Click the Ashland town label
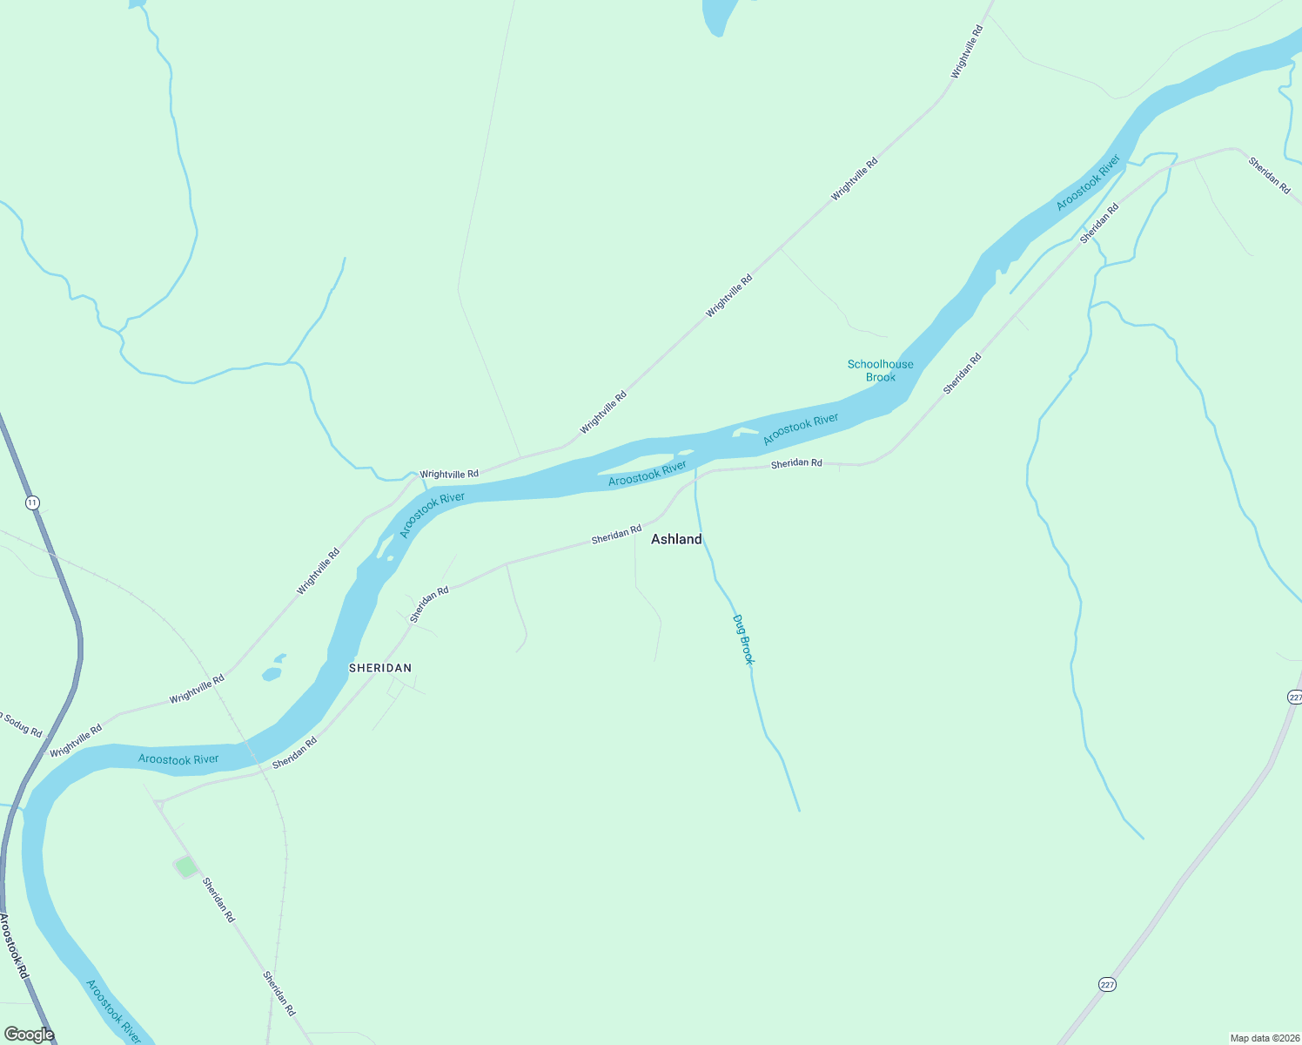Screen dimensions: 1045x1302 pyautogui.click(x=676, y=539)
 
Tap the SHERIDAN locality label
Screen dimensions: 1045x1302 pyautogui.click(x=380, y=668)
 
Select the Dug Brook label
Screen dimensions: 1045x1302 pyautogui.click(x=742, y=640)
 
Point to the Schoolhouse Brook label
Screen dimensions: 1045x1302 pyautogui.click(x=880, y=371)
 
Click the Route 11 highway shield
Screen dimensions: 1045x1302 pyautogui.click(x=32, y=503)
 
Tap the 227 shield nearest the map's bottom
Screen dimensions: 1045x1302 pyautogui.click(x=1106, y=984)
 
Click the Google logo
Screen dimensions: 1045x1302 pyautogui.click(x=29, y=1035)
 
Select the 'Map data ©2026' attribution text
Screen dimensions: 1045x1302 pyautogui.click(x=1264, y=1038)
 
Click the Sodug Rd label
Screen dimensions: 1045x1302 pyautogui.click(x=21, y=725)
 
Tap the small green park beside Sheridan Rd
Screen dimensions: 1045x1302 pyautogui.click(x=185, y=866)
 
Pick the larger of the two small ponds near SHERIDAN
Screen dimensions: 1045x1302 pyautogui.click(x=272, y=674)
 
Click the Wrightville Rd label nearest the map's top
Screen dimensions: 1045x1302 pyautogui.click(x=967, y=53)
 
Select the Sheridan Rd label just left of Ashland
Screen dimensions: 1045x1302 pyautogui.click(x=616, y=535)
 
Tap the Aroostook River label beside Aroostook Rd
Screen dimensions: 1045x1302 pyautogui.click(x=112, y=1011)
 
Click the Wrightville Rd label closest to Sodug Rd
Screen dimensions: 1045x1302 pyautogui.click(x=76, y=740)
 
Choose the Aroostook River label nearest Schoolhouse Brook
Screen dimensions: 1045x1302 pyautogui.click(x=801, y=429)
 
